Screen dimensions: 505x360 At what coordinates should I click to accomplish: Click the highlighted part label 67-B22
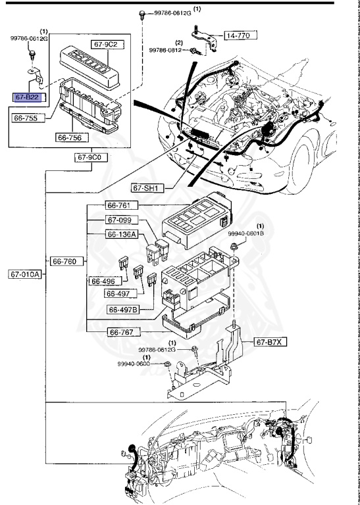click(28, 96)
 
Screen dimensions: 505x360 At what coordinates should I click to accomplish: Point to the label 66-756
click(70, 138)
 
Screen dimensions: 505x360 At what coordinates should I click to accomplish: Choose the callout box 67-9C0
click(89, 158)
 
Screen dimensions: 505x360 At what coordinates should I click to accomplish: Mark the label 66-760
click(65, 261)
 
